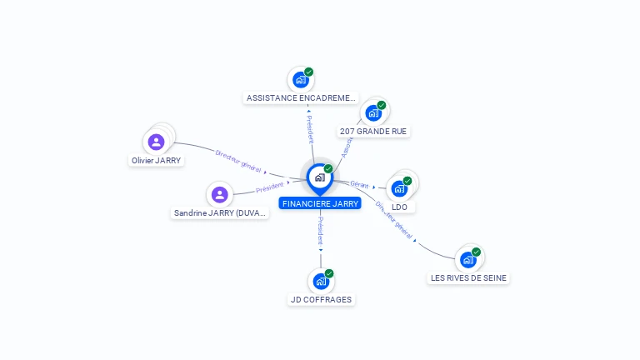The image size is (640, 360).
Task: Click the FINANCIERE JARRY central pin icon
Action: [319, 177]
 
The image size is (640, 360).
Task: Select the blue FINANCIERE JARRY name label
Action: [320, 203]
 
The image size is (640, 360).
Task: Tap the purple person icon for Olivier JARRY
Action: [156, 142]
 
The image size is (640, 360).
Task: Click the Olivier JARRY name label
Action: [156, 160]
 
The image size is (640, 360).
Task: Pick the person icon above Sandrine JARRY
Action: [220, 195]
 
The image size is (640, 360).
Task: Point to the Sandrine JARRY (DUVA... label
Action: [220, 213]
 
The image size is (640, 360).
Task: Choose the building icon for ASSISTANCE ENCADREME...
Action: [300, 80]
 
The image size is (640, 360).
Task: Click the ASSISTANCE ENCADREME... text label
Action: [301, 98]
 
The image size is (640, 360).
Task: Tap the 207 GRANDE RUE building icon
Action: [372, 113]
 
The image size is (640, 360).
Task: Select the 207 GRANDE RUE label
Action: [374, 132]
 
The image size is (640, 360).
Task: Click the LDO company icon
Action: [399, 188]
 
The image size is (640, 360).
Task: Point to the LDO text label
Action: [399, 207]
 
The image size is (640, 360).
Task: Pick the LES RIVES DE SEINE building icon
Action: [467, 259]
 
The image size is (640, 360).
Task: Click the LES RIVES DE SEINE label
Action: [468, 278]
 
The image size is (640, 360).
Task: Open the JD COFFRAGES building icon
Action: [321, 281]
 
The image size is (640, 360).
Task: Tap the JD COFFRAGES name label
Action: [321, 300]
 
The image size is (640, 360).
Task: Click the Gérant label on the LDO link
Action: [359, 184]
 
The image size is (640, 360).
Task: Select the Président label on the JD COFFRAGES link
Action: [321, 229]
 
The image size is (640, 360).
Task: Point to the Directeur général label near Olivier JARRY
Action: [238, 160]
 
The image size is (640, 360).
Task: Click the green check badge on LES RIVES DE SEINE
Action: [476, 252]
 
